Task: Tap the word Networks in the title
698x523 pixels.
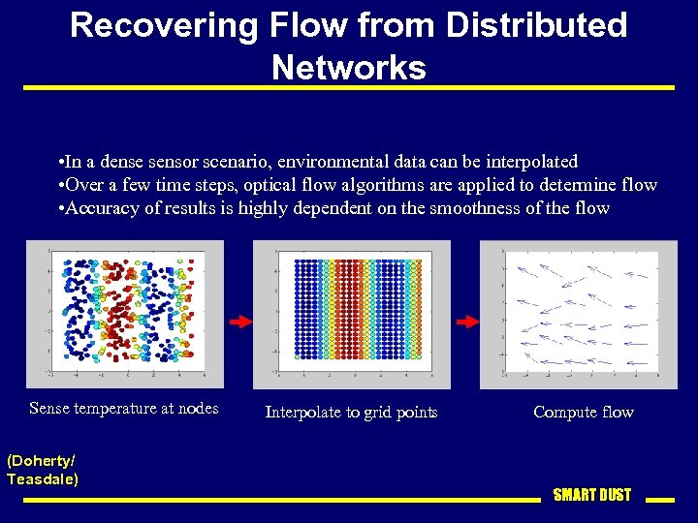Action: [349, 68]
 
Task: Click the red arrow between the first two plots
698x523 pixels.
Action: [239, 321]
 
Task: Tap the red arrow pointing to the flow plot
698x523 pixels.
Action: [467, 321]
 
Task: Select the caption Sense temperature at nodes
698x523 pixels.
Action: [124, 409]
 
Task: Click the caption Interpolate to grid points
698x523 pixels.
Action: [351, 413]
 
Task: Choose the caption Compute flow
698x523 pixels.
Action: [583, 413]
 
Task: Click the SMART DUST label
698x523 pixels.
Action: [591, 495]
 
